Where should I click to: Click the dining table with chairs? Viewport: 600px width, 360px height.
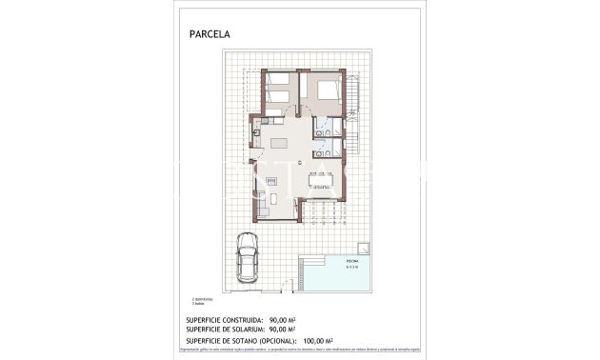(x=320, y=181)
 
